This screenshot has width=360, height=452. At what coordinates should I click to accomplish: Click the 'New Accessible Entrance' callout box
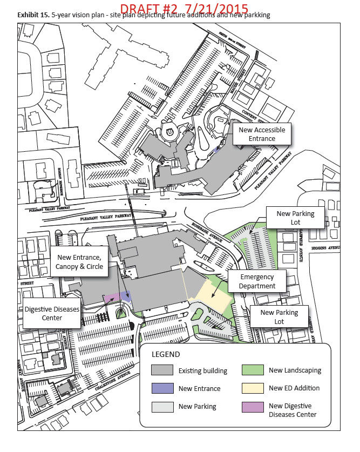click(x=261, y=134)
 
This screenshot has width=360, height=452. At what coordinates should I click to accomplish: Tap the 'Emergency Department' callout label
click(x=257, y=281)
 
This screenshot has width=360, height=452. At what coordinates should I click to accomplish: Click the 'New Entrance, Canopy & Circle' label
click(x=79, y=262)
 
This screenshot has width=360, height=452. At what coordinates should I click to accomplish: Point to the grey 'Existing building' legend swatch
click(x=162, y=370)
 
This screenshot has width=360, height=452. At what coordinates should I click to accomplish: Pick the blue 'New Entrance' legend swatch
click(x=162, y=388)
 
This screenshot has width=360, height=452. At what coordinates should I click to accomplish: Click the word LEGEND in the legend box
click(x=166, y=354)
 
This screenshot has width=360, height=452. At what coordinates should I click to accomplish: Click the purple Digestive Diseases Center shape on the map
click(x=112, y=297)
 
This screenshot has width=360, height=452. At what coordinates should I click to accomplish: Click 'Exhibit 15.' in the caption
click(x=33, y=16)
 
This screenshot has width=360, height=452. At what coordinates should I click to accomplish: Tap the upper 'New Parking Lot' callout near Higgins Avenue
click(x=295, y=218)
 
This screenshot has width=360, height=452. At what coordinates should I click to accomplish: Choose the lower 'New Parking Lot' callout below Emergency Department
click(x=279, y=317)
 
